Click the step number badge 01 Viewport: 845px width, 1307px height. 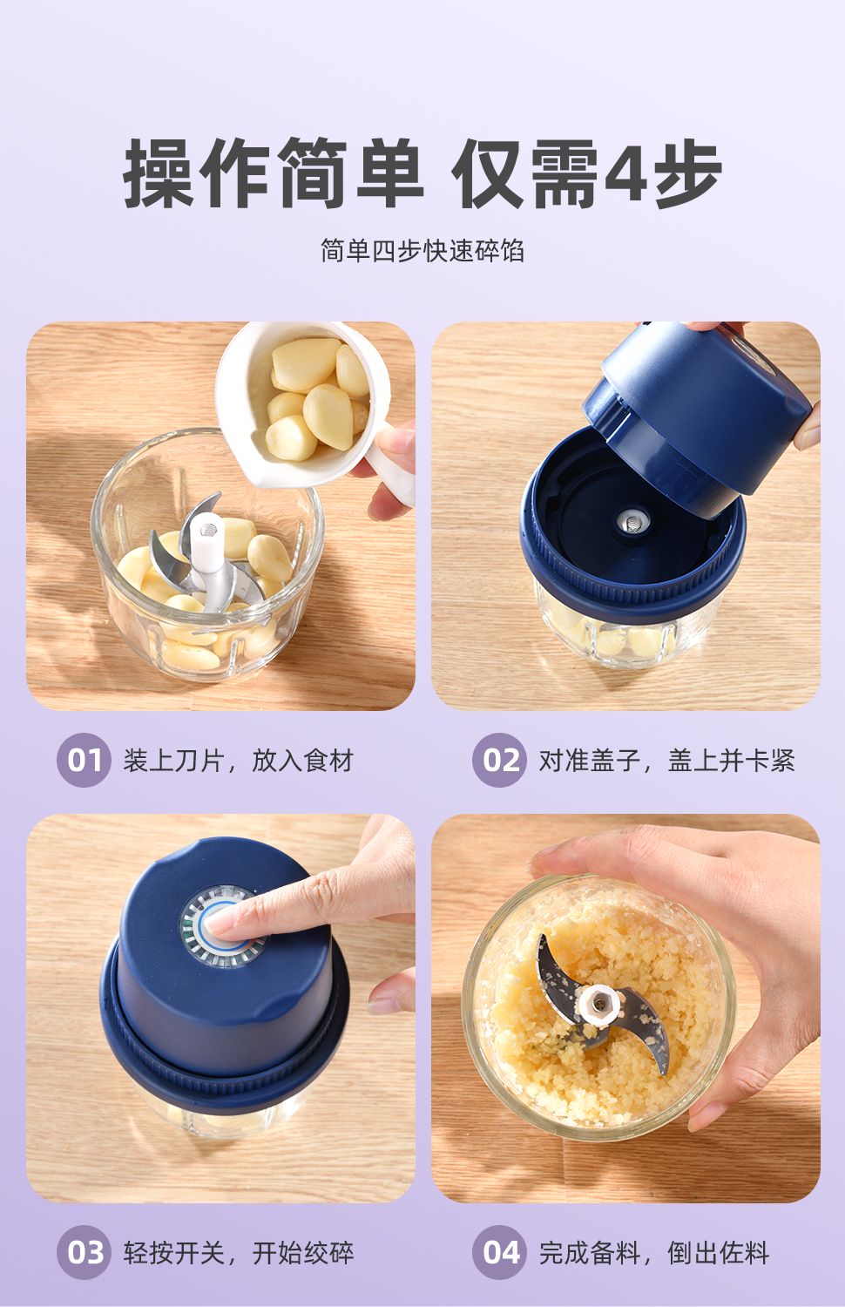pyautogui.click(x=84, y=761)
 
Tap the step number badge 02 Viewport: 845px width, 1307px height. pyautogui.click(x=499, y=761)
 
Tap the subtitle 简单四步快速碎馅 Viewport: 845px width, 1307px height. pyautogui.click(x=422, y=251)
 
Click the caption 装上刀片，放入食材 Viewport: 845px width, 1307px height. pyautogui.click(x=238, y=761)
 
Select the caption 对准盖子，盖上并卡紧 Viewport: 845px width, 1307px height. pyautogui.click(x=666, y=761)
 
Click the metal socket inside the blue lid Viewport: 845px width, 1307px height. pyautogui.click(x=632, y=519)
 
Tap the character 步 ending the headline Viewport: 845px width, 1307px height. pyautogui.click(x=687, y=173)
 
